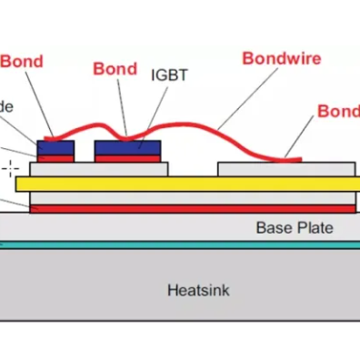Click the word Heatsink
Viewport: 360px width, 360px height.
[198, 291]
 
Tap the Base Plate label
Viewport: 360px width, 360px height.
[294, 227]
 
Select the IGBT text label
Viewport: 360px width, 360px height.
[168, 75]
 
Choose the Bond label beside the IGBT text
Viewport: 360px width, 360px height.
[115, 68]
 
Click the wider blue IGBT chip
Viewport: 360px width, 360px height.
[127, 147]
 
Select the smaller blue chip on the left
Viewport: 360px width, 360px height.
[55, 147]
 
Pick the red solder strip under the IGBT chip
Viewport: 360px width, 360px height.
[127, 158]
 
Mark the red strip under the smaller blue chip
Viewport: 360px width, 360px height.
[55, 158]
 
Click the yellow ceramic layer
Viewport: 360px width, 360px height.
[182, 185]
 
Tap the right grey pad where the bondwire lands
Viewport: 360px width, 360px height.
[285, 169]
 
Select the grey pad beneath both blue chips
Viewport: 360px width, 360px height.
[99, 169]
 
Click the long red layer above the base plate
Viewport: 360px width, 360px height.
[182, 208]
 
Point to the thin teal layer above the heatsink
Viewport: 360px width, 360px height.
[182, 245]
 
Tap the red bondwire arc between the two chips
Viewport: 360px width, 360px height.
[85, 130]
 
